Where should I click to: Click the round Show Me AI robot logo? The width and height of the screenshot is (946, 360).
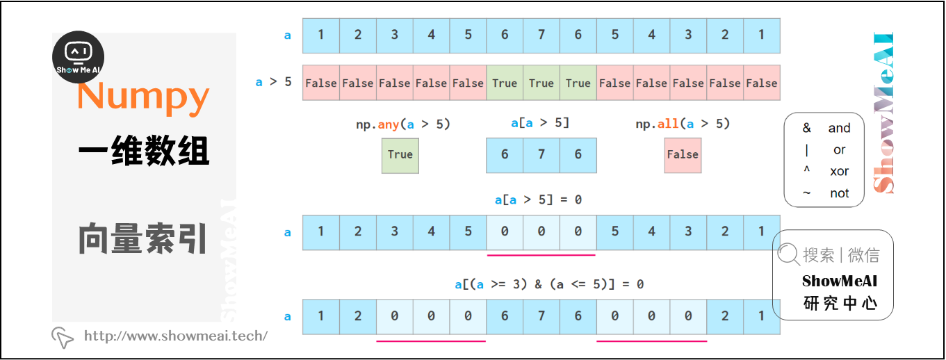pos(78,57)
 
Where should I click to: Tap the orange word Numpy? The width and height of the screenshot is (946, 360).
pos(143,97)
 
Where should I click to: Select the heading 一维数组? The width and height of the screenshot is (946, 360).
pos(143,151)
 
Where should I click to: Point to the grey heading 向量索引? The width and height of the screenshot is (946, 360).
pos(143,238)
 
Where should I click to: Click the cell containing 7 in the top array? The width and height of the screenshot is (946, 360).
pos(541,35)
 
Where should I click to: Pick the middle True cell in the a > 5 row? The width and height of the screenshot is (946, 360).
pos(541,83)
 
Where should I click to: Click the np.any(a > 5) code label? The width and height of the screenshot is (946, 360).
pos(403,124)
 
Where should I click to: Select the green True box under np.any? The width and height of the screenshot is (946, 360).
pos(400,154)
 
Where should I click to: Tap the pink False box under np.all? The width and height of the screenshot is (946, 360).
pos(683,154)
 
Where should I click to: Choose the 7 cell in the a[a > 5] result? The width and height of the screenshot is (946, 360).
pos(541,154)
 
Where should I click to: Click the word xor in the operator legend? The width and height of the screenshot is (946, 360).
pos(839,172)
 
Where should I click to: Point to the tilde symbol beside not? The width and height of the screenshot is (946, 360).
pos(806,193)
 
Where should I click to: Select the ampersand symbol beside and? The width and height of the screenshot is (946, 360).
pos(806,128)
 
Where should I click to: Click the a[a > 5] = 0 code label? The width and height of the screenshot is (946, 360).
pos(538,199)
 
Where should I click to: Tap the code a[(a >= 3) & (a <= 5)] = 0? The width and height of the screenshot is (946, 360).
pos(549,284)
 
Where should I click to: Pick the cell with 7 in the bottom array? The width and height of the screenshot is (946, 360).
pos(541,316)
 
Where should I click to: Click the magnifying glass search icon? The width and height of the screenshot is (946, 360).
pos(789,254)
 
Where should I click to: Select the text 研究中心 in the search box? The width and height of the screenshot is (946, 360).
pos(840,303)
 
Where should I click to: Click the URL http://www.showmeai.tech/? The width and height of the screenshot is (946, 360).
pos(176,336)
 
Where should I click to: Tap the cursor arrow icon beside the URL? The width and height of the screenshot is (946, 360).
pos(63,337)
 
